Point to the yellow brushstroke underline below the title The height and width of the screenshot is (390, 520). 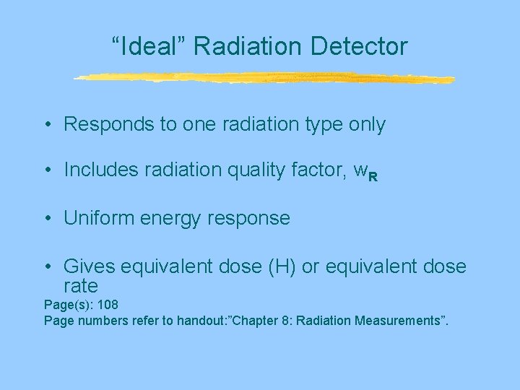coord(264,78)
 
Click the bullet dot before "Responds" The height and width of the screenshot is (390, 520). coord(46,126)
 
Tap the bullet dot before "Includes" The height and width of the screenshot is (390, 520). coord(46,171)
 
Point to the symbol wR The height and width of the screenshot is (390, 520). coord(365,172)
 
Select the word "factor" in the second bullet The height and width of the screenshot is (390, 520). coord(321,170)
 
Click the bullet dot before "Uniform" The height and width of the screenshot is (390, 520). coord(46,219)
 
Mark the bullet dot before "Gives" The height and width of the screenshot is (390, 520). coord(46,268)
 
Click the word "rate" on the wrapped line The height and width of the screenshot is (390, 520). coord(80,286)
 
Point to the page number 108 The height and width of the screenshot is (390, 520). coord(105,305)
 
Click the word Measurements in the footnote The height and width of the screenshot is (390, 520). coord(398,320)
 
